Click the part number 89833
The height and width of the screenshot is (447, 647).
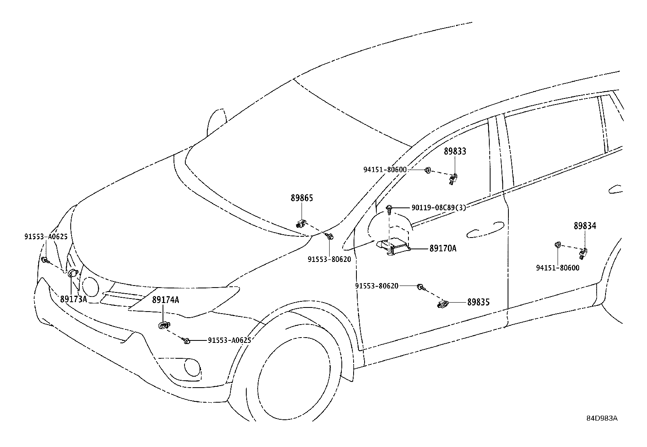coord(455,151)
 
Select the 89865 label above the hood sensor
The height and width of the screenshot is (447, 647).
coord(302,198)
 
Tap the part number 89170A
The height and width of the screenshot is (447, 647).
coord(443,249)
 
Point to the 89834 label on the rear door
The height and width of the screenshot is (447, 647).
coord(585,226)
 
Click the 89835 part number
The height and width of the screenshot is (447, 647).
coord(479,302)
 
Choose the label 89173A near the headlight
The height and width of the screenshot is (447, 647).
coord(74,299)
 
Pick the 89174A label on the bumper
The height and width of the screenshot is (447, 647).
coord(165,300)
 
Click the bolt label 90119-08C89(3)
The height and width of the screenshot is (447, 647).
coord(439,207)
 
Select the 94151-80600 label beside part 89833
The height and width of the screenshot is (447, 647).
coord(385,170)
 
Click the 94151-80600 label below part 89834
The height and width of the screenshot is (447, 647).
coord(558,268)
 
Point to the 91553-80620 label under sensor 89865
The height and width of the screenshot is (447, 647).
coord(329,259)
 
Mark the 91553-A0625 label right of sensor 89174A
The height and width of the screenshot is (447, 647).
coord(230,340)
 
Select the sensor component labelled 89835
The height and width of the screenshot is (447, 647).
coord(442,304)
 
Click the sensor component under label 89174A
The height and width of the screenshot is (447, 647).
coord(164,325)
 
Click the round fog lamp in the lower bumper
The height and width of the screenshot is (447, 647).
coord(192,368)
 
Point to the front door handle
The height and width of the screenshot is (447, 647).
coord(485,230)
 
